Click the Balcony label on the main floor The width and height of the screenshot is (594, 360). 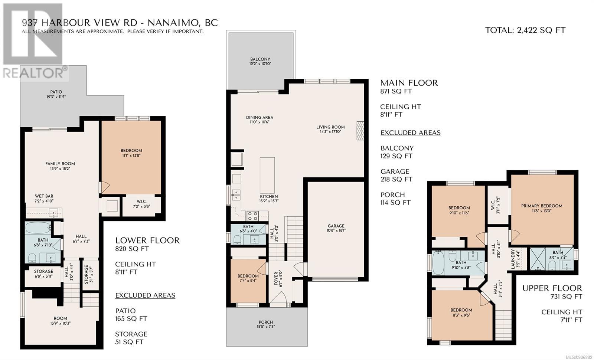(x=260, y=59)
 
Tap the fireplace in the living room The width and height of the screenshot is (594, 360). (x=360, y=131)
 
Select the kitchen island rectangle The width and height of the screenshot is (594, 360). (x=267, y=175)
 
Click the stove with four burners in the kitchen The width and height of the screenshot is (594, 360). (x=252, y=216)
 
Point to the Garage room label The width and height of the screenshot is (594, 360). (x=336, y=226)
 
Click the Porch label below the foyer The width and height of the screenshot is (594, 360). (x=266, y=322)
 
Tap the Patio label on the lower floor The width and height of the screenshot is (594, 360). (x=56, y=92)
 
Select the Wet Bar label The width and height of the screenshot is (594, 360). (x=44, y=196)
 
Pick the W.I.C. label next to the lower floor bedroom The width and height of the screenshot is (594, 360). (x=141, y=202)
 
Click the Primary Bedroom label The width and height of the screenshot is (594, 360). (x=542, y=206)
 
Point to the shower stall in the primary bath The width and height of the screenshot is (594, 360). (x=538, y=259)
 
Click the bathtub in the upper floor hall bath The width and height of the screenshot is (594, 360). (x=438, y=262)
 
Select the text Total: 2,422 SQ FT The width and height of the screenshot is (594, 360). (x=525, y=30)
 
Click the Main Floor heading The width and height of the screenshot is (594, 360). (x=409, y=83)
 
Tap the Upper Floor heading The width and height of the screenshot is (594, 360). (x=552, y=288)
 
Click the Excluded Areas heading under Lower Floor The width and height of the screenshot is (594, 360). (x=145, y=295)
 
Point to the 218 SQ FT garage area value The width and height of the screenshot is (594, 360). (x=396, y=180)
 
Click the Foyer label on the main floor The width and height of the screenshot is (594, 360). (x=276, y=278)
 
